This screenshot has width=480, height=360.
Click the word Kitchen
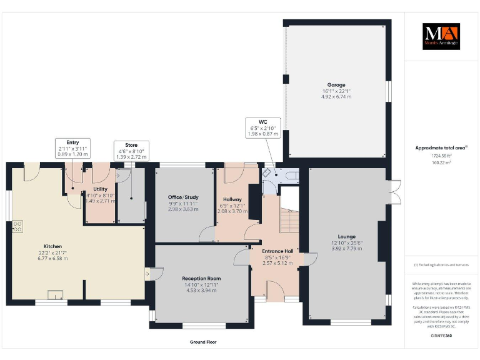52,246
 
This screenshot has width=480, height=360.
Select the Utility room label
100,188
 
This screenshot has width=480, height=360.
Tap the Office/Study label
183,197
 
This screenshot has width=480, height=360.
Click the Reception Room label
201,278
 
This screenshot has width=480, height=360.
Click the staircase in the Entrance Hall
289,221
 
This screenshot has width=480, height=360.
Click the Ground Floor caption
203,342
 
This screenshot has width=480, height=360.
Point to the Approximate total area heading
441,147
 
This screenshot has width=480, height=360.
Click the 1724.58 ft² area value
441,156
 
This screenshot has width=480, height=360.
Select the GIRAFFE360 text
441,336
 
